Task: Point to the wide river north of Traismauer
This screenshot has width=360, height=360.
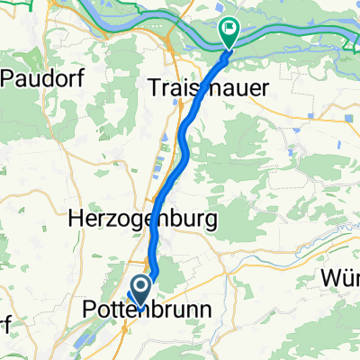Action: tap(297, 36)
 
